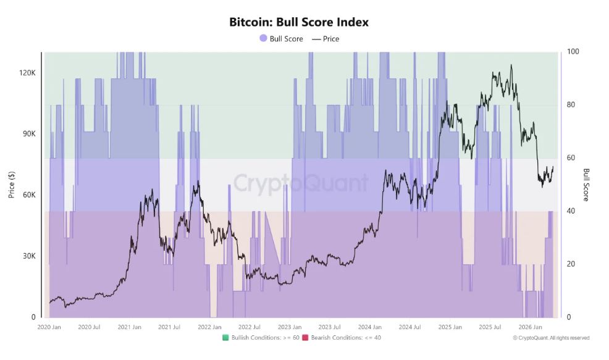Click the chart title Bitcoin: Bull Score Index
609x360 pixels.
[x=299, y=22]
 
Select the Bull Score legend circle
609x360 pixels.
[x=263, y=38]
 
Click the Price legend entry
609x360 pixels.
[x=326, y=38]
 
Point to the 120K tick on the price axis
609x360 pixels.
[x=28, y=73]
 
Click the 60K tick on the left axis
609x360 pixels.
[x=29, y=195]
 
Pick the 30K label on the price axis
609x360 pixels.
[x=29, y=256]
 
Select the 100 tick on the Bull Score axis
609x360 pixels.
[x=573, y=51]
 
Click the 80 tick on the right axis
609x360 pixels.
[x=571, y=104]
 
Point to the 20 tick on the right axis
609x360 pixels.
[x=571, y=264]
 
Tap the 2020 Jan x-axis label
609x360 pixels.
[x=49, y=327]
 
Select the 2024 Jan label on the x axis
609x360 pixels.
[x=369, y=327]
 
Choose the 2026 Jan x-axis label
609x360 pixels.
[x=529, y=327]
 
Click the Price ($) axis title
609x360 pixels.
[x=11, y=185]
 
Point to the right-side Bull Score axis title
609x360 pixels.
[x=586, y=185]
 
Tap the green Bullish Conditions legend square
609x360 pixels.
[x=226, y=338]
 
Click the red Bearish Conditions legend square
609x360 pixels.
[x=305, y=338]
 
